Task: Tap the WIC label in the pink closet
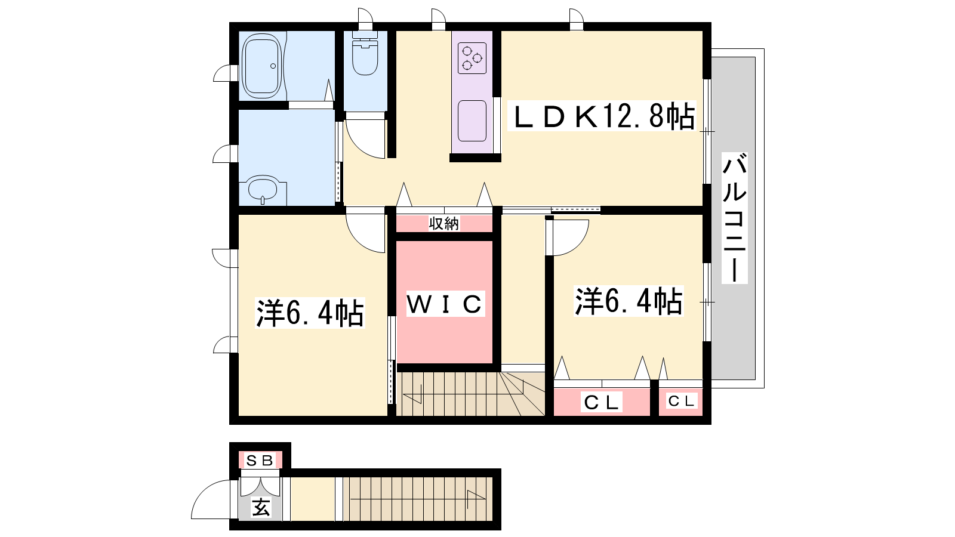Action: (445, 304)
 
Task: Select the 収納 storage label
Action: (444, 223)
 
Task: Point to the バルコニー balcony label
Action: (735, 217)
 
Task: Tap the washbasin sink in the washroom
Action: (263, 189)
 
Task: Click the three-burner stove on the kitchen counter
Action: (472, 58)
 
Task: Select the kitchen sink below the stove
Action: (472, 121)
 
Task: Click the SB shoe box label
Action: (260, 460)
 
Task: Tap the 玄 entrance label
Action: (260, 507)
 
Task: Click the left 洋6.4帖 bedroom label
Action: (310, 313)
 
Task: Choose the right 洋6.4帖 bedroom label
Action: (629, 301)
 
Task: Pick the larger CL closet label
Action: (601, 402)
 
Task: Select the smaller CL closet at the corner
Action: (681, 401)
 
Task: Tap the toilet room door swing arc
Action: (358, 147)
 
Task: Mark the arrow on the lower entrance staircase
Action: (476, 499)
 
